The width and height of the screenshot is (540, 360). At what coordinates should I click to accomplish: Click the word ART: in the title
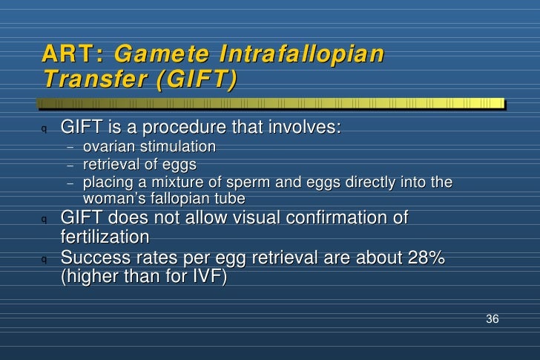point(73,53)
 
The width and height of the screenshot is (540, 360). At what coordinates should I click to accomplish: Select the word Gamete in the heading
point(162,53)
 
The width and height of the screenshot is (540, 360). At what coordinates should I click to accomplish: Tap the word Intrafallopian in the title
point(301,54)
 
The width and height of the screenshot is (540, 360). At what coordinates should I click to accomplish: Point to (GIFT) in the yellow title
point(197,79)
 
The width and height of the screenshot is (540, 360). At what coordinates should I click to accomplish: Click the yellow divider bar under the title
point(271,103)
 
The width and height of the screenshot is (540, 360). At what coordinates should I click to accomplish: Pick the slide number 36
point(492,318)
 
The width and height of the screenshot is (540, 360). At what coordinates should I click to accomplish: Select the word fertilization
point(105,237)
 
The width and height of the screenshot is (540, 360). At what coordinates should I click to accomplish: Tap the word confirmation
point(347,217)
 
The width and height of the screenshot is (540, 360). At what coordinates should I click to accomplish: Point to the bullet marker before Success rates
point(44,259)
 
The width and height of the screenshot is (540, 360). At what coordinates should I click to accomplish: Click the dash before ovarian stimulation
point(70,148)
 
